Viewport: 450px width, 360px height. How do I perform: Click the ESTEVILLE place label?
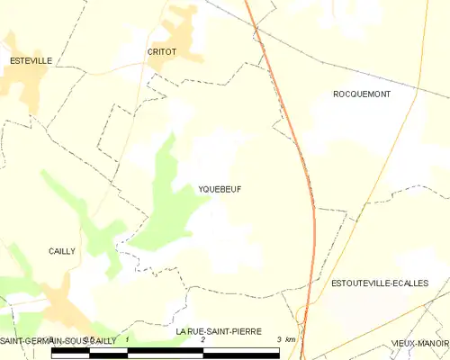[x=31, y=60]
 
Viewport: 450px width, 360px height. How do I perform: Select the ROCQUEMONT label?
[x=362, y=94]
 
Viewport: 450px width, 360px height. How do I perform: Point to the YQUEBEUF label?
[x=220, y=189]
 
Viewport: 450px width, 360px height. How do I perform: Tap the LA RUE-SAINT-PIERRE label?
[x=220, y=331]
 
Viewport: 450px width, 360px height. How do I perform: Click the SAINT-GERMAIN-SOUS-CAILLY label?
[x=58, y=341]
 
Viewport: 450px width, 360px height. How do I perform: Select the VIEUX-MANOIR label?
[x=420, y=343]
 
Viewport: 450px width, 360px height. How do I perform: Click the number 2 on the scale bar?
[x=203, y=340]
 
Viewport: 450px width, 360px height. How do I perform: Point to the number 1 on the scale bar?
[x=128, y=340]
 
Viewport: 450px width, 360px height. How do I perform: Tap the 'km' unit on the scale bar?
[x=290, y=340]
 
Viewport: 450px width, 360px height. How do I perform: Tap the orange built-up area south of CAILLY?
[x=63, y=301]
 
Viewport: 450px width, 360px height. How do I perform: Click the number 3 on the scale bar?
[x=279, y=340]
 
